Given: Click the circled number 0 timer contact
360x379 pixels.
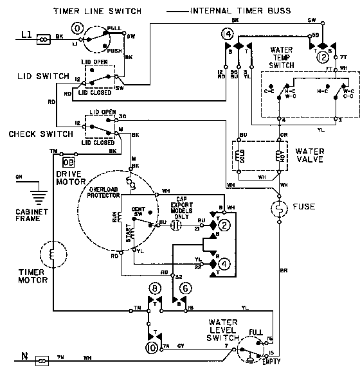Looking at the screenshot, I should (x=78, y=29).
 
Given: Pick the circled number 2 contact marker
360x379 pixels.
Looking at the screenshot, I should (x=224, y=225).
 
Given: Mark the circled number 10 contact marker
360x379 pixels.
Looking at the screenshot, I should (x=152, y=347).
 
